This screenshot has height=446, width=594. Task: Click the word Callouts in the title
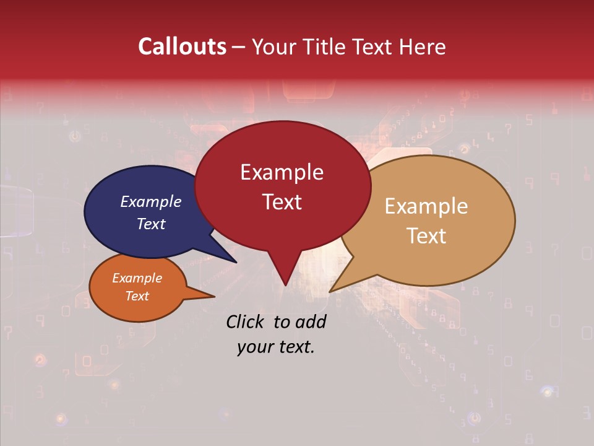[x=182, y=46]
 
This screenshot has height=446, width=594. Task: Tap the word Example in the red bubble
[x=282, y=172]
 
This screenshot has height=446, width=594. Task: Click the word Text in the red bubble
[x=282, y=202]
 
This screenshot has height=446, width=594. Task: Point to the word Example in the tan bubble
[x=426, y=206]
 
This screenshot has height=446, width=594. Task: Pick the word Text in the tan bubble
[x=426, y=236]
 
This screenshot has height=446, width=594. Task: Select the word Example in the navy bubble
[x=150, y=202]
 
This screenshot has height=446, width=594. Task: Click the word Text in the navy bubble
[x=150, y=224]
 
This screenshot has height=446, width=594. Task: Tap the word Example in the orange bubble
[x=137, y=278]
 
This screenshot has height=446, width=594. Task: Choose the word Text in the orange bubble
[x=137, y=296]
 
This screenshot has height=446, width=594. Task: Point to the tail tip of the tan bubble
[x=330, y=292]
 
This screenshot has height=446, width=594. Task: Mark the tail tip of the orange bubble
[x=214, y=297]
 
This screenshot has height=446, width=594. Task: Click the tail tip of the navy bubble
[x=237, y=263]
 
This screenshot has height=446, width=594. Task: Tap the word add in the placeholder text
[x=311, y=321]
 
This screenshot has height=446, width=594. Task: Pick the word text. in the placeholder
[x=295, y=347]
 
